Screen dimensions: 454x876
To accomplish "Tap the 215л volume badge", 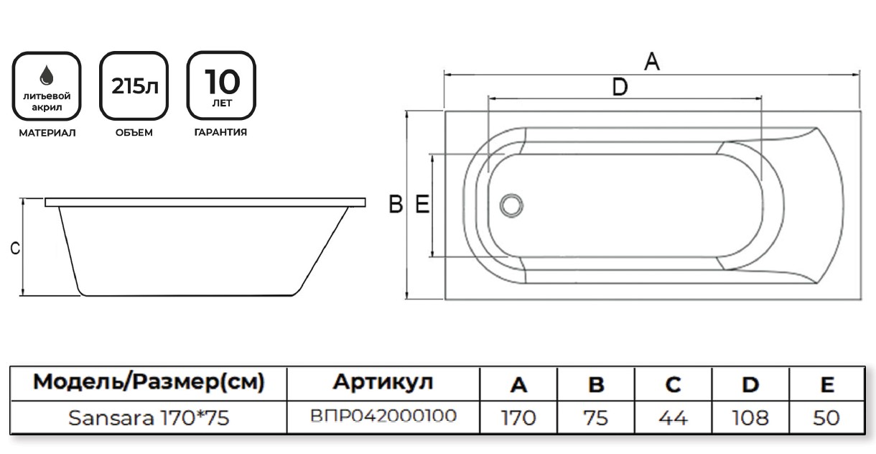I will pyautogui.click(x=134, y=85).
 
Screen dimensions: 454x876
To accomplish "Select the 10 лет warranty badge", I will pyautogui.click(x=221, y=85).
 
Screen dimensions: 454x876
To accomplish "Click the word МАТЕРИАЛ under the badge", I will pyautogui.click(x=47, y=133).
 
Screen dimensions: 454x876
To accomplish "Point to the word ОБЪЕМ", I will pyautogui.click(x=134, y=133).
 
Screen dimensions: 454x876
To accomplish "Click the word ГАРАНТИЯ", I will pyautogui.click(x=221, y=133).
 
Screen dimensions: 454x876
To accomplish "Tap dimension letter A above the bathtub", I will pyautogui.click(x=651, y=62).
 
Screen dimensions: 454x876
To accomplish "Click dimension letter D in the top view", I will pyautogui.click(x=620, y=88).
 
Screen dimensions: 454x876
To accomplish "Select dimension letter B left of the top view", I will pyautogui.click(x=396, y=205).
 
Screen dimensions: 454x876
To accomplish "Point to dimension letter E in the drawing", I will pyautogui.click(x=422, y=205).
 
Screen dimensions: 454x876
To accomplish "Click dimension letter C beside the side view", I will pyautogui.click(x=14, y=249).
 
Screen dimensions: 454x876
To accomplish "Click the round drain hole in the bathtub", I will pyautogui.click(x=511, y=205).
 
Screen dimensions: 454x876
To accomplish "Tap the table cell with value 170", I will pyautogui.click(x=518, y=417).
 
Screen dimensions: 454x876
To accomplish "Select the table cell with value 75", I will pyautogui.click(x=596, y=417).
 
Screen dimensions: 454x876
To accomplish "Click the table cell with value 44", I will pyautogui.click(x=673, y=417).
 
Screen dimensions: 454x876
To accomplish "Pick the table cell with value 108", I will pyautogui.click(x=750, y=417).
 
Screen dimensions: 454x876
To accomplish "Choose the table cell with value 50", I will pyautogui.click(x=827, y=417).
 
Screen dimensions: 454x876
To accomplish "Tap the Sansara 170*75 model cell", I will pyautogui.click(x=149, y=417).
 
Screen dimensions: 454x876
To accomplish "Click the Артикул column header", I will pyautogui.click(x=383, y=383).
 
